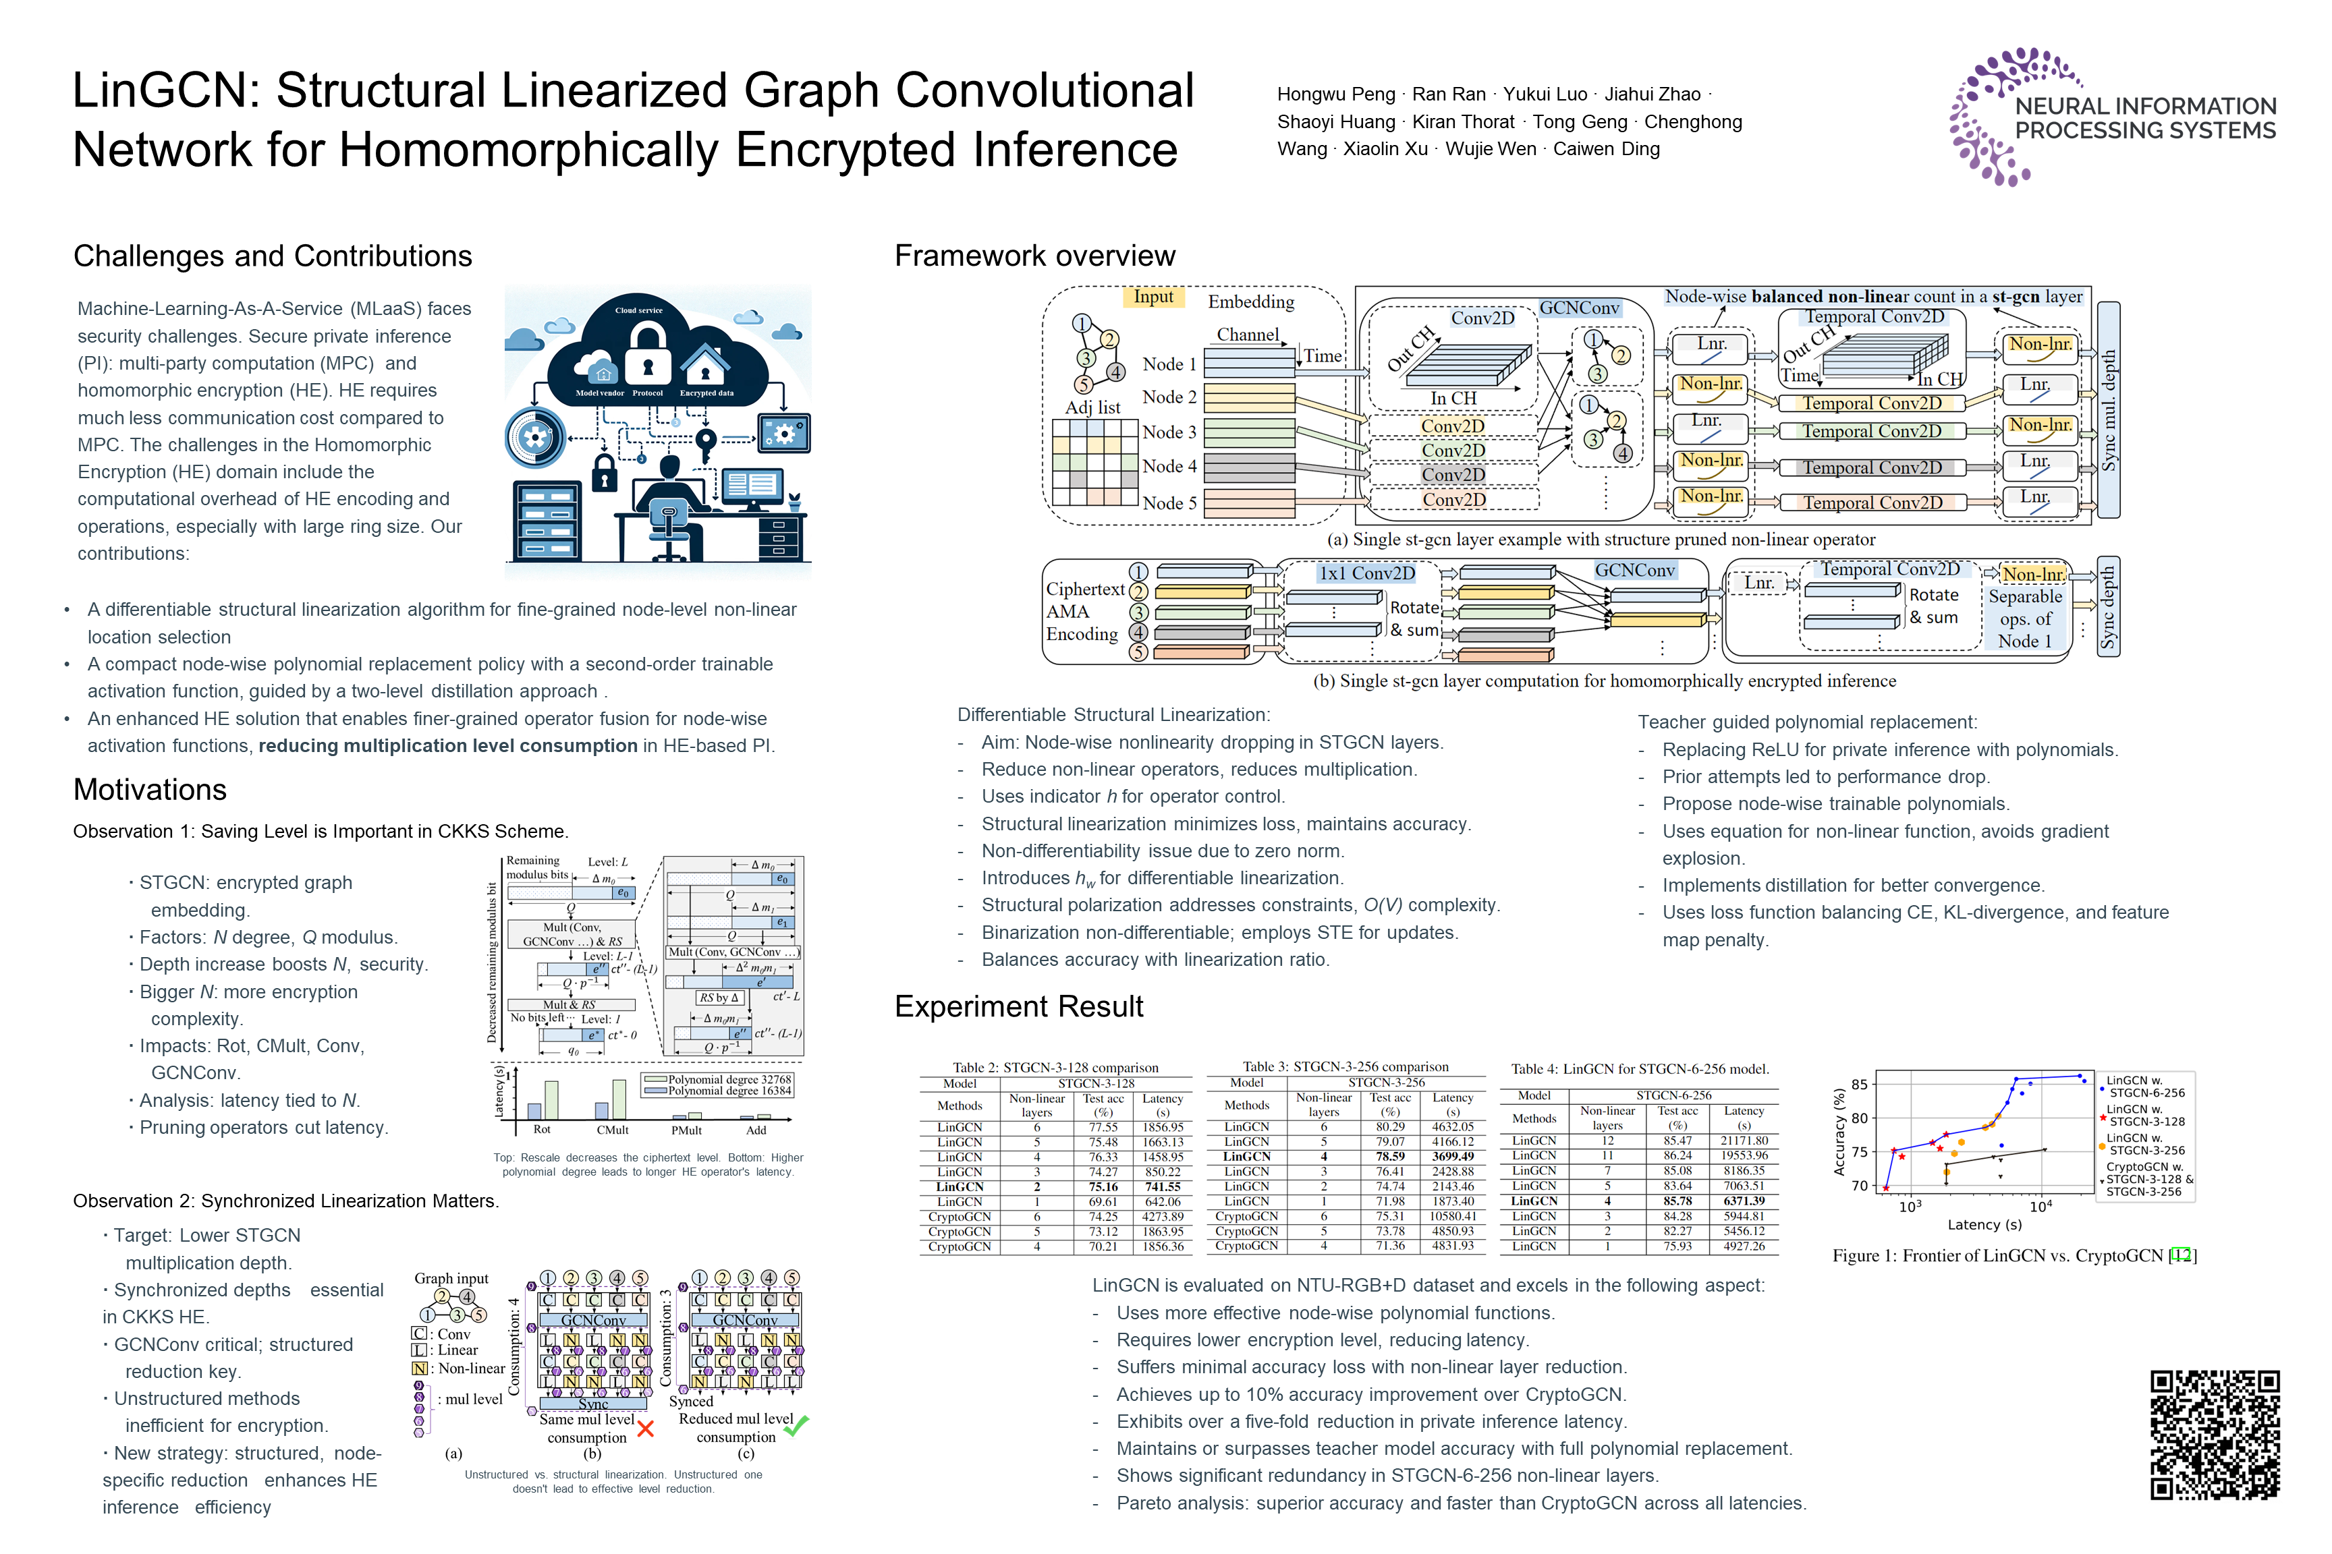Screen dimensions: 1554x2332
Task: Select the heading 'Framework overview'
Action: point(1034,256)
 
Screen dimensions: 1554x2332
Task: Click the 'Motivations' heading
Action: point(150,789)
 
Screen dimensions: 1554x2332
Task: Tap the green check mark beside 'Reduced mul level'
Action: point(796,1425)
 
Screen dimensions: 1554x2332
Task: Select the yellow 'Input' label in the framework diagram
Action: point(1153,296)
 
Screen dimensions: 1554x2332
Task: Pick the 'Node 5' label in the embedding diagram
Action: point(1169,502)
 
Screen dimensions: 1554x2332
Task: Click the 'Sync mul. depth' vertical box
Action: point(2108,409)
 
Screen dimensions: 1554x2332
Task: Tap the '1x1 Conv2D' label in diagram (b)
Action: point(1366,573)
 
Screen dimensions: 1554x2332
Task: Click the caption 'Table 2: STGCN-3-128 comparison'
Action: point(1055,1068)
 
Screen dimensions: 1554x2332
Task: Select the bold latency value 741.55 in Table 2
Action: point(1162,1186)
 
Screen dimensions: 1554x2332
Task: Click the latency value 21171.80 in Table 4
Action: point(1744,1141)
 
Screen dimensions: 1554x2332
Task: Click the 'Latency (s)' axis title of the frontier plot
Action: point(1984,1224)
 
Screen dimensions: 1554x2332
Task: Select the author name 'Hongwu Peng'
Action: point(1335,94)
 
